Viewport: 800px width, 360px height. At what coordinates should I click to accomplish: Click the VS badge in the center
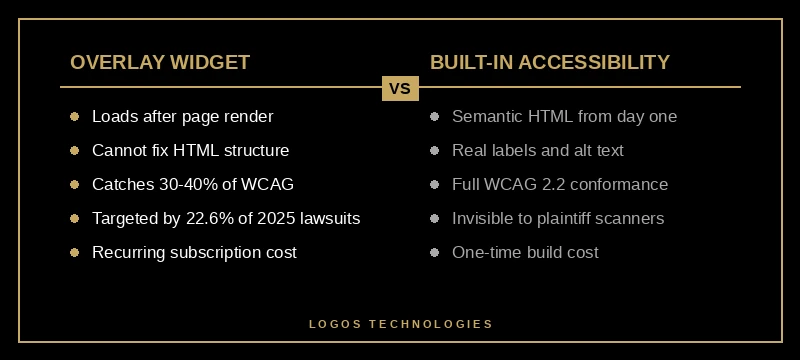coord(400,88)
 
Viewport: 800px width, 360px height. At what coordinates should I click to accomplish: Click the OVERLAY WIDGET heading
coord(160,62)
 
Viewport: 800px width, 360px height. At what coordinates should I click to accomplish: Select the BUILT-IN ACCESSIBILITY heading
coord(550,62)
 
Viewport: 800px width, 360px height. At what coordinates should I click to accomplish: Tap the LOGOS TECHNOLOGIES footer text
coord(400,324)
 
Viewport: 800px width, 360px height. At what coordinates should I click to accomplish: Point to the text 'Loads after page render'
coord(182,117)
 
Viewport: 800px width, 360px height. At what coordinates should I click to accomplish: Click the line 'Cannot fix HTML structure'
coord(190,151)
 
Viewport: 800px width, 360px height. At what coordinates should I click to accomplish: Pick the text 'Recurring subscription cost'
coord(194,253)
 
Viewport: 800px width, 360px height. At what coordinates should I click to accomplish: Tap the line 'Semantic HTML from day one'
coord(564,117)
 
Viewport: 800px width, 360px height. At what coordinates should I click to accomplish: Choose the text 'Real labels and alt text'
coord(538,151)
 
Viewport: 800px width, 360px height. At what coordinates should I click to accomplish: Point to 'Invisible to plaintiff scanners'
coord(558,219)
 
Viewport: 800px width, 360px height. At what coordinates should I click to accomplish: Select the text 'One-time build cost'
coord(525,253)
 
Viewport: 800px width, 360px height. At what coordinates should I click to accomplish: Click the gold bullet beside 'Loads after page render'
coord(74,117)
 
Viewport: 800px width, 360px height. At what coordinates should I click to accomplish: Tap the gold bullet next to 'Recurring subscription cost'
coord(74,253)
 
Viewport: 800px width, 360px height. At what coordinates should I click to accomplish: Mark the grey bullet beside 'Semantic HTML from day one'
coord(434,117)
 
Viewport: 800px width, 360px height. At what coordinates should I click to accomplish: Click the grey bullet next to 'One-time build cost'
coord(434,253)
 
